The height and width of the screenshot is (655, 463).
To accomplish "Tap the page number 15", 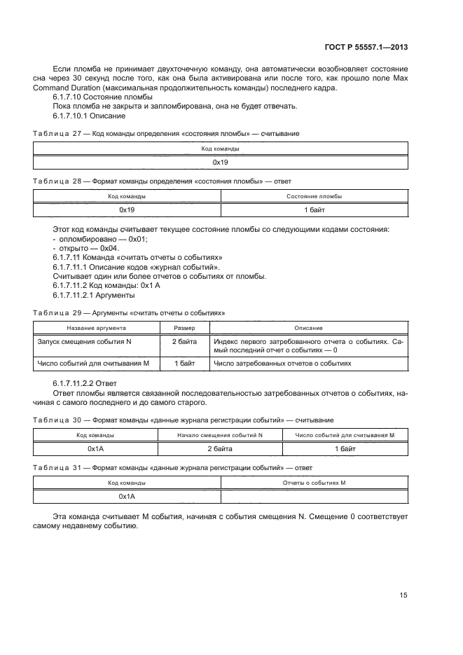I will (403, 595).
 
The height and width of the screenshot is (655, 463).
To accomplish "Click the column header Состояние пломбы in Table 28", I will (314, 197).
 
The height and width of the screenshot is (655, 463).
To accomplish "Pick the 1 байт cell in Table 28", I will (314, 209).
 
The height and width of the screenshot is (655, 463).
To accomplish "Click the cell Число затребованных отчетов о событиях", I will (282, 364).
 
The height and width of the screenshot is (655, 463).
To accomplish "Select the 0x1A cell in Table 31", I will (127, 496).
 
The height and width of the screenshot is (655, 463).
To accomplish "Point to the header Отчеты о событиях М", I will (314, 483).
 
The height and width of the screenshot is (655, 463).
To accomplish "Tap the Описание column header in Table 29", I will (308, 328).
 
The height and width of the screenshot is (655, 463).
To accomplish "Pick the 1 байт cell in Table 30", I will (345, 447).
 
